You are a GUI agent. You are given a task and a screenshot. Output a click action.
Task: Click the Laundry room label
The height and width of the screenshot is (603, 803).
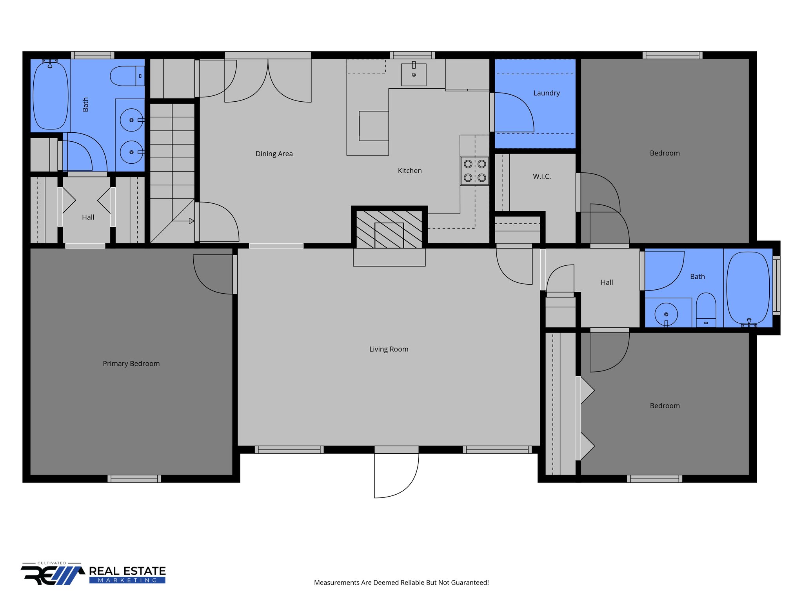tap(547, 93)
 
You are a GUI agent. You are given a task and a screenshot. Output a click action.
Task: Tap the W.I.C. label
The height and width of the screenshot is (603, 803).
tap(542, 177)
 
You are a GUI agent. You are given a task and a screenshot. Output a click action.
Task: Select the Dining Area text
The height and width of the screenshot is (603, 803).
tap(274, 154)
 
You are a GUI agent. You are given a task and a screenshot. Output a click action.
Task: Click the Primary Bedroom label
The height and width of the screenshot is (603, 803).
tap(131, 364)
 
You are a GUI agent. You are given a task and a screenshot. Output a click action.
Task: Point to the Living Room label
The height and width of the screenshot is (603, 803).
tap(389, 349)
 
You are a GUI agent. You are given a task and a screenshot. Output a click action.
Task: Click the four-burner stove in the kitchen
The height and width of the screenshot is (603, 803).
tap(475, 171)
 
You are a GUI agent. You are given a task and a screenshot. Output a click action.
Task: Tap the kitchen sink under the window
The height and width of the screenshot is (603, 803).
tap(414, 75)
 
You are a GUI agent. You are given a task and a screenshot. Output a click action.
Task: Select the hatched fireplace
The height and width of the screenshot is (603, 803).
tap(389, 229)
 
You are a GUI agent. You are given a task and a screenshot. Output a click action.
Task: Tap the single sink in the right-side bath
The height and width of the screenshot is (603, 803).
tap(666, 314)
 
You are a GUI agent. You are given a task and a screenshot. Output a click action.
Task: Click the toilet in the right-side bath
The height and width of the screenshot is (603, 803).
tap(706, 308)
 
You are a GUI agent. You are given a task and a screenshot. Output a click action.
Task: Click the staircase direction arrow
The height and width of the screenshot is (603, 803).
tap(191, 221)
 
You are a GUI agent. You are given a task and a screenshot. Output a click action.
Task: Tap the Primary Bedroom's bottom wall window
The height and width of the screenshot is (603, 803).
tap(134, 479)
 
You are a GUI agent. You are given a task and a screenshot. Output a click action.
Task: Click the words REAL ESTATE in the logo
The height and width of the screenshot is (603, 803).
tap(127, 571)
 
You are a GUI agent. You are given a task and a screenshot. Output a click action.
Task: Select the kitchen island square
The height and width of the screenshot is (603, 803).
tap(374, 126)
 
